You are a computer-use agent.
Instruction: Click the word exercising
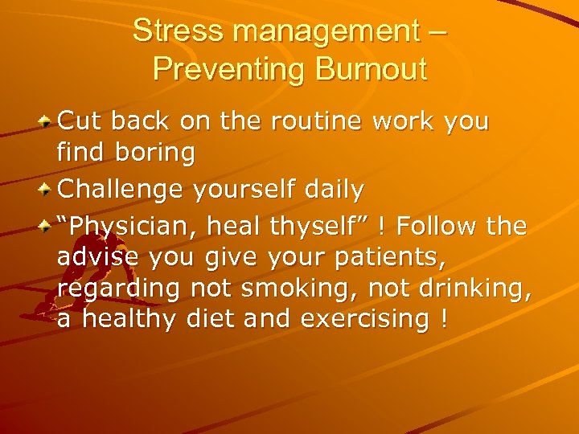[x=366, y=319]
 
